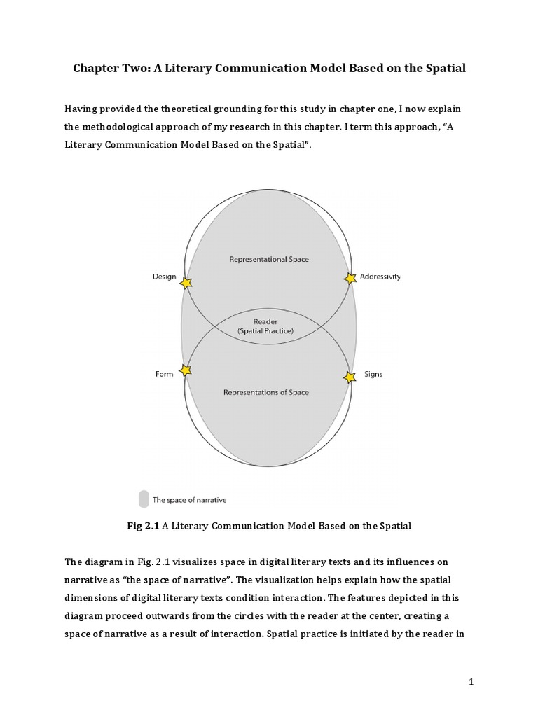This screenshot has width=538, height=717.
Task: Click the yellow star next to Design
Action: point(186,283)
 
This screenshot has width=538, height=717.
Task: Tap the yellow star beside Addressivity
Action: point(350,279)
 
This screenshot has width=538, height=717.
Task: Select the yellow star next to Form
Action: point(185,370)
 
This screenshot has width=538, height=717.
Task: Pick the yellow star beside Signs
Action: point(350,377)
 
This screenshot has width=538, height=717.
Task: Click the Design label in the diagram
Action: point(164,277)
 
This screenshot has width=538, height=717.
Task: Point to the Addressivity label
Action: point(380,277)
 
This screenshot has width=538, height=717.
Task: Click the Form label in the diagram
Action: point(164,374)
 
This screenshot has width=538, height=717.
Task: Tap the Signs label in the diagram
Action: point(373,374)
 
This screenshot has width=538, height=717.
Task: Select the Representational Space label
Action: point(269,259)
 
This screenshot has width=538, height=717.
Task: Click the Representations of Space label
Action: point(266,392)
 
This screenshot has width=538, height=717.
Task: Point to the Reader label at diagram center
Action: point(265,321)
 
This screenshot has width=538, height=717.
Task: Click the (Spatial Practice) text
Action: point(265,330)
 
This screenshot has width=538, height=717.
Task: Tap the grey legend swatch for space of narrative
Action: point(144,499)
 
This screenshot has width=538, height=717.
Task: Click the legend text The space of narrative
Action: point(189,500)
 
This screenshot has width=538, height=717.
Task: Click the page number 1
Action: point(471,682)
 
